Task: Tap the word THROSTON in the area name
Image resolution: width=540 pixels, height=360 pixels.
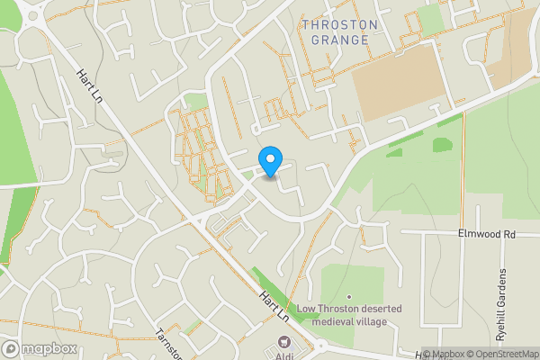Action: pos(335,24)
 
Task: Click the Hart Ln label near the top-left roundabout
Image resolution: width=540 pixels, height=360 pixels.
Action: pos(90,86)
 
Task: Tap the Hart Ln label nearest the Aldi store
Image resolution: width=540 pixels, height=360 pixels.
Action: pos(274,305)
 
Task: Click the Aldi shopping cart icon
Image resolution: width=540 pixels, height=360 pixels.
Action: pos(285,342)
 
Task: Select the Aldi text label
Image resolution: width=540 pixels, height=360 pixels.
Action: pos(286,355)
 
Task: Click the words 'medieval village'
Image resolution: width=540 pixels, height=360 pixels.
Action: pos(360,322)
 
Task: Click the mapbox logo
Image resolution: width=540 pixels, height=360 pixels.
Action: pos(40,349)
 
